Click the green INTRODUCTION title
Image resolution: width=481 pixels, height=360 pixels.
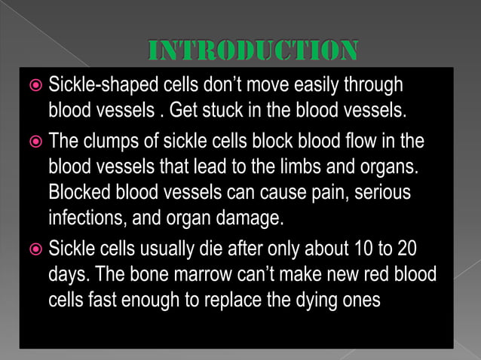pyautogui.click(x=252, y=51)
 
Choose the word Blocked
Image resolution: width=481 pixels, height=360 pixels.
pyautogui.click(x=78, y=192)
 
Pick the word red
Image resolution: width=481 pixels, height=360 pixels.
pyautogui.click(x=370, y=273)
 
